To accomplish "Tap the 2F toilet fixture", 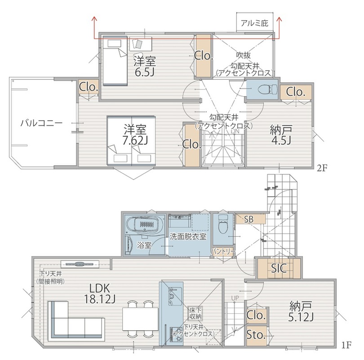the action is point(268,89).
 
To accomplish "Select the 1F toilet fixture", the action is point(223,224).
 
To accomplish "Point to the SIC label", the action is point(279,269).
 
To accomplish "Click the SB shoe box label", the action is point(249,220).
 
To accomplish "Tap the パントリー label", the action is point(223,252).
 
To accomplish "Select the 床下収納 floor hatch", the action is point(195,314).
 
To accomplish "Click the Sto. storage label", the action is point(255,335).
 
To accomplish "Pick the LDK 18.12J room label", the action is point(100,294).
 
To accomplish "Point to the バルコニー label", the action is point(41,123).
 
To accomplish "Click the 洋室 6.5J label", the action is point(144,66).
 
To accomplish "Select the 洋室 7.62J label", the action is point(135,135).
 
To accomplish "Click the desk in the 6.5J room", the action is point(141,44).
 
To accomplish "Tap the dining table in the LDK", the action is point(141,319).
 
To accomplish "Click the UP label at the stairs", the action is point(235,298).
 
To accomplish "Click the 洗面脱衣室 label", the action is point(188,237).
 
